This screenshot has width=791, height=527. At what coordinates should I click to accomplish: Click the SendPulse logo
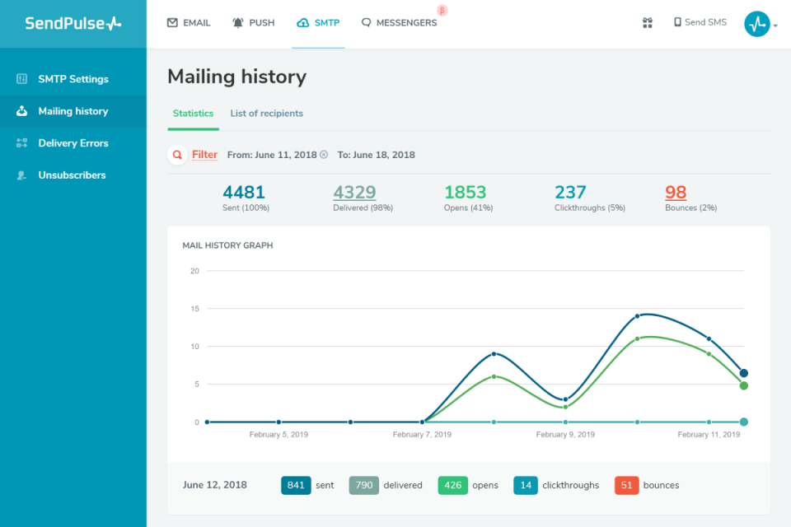pos(73,24)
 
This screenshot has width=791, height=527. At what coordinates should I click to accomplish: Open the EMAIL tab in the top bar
pos(189,23)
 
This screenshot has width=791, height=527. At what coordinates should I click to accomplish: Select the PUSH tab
pos(253,23)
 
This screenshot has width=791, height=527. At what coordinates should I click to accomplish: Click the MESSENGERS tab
pos(399,23)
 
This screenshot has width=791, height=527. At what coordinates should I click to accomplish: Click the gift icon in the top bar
pos(648,23)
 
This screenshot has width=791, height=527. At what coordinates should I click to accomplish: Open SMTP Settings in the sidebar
pos(73,79)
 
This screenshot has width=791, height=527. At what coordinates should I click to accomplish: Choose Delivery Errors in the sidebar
pos(73,143)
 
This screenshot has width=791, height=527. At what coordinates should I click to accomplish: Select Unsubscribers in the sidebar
pos(72,175)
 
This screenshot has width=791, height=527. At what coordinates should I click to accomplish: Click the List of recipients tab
pos(266,114)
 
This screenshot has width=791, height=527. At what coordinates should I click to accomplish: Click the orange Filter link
pos(204,155)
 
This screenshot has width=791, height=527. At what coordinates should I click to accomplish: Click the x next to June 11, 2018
pos(324,155)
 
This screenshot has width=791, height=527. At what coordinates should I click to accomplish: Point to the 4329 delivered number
pos(354,193)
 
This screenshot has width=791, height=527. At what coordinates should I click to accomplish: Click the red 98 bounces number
pos(676,193)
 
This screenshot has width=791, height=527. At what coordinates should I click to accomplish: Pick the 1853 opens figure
pos(466,193)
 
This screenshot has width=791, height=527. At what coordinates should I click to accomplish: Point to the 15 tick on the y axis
pos(194,309)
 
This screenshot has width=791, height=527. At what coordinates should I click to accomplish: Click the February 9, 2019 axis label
pos(565,435)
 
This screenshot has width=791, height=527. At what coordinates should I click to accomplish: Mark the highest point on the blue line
pos(638,316)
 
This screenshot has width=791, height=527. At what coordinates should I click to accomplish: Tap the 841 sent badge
pos(295,486)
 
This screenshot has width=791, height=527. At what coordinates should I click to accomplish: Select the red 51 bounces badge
pos(627,486)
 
